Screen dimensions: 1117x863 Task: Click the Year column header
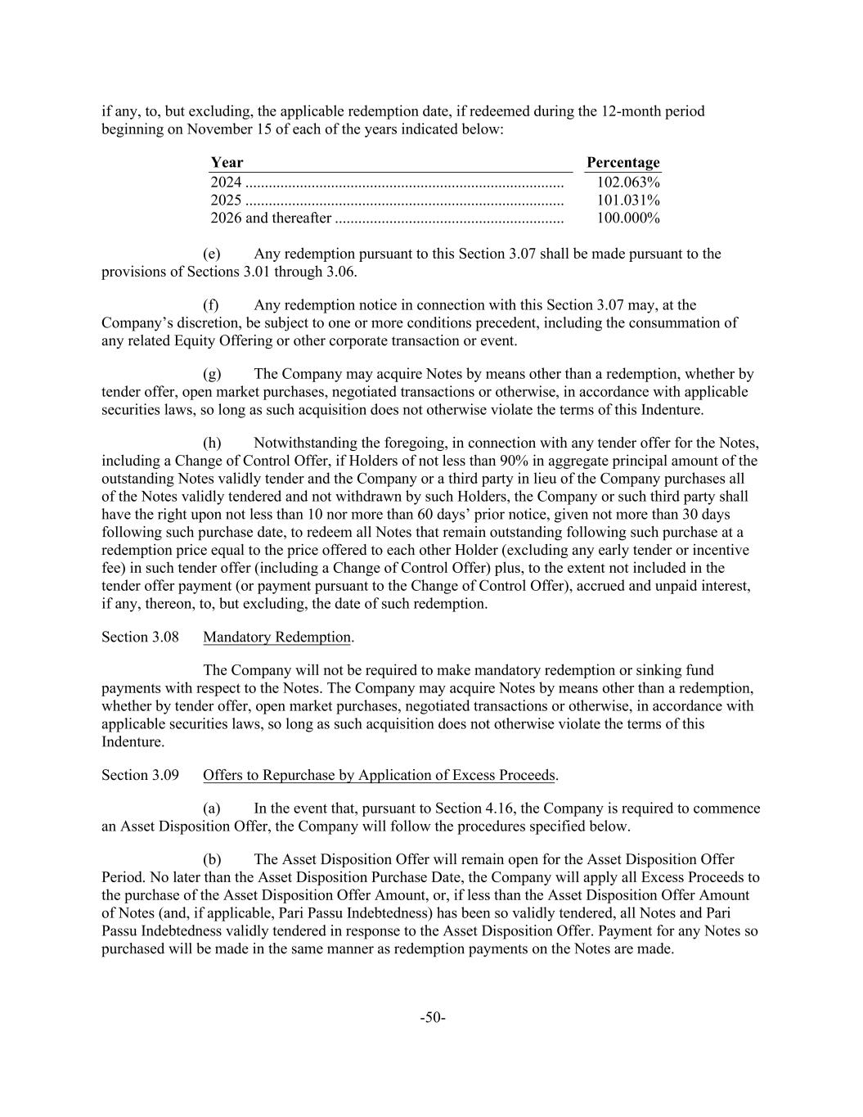pos(227,163)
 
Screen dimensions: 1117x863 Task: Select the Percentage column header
pos(623,163)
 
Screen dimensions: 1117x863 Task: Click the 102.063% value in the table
pos(628,182)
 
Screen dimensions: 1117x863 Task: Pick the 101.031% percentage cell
pos(628,200)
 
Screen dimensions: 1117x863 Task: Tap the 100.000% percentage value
pos(628,218)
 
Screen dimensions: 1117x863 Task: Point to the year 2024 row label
pos(226,182)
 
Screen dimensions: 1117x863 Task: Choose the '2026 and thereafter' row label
pos(271,218)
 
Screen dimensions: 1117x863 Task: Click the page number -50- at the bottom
pos(432,1018)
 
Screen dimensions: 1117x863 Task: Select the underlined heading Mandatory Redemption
pos(276,637)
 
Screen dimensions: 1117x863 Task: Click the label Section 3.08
pos(140,637)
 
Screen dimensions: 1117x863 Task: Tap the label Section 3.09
pos(140,775)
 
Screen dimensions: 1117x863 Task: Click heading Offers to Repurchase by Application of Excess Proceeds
pos(380,775)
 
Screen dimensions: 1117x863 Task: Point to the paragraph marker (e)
pos(211,254)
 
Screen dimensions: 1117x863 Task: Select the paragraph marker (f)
pos(210,305)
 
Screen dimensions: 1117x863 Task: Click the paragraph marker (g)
pos(211,374)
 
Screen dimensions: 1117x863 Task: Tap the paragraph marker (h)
pos(212,444)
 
